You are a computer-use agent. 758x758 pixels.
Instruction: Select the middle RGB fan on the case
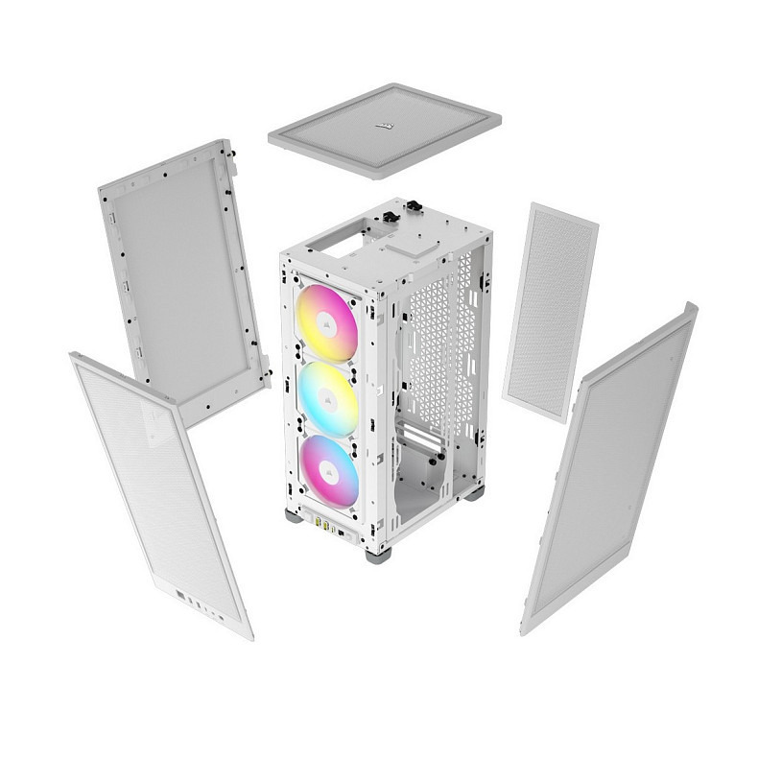tap(327, 398)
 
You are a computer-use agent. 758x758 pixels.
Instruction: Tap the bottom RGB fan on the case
tap(326, 472)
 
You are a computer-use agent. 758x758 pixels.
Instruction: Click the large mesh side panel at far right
tap(609, 470)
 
